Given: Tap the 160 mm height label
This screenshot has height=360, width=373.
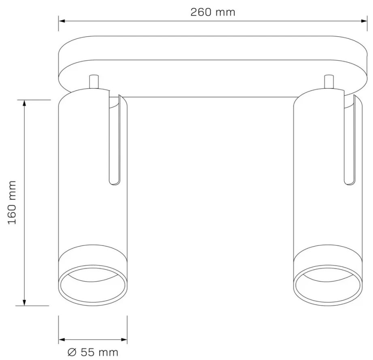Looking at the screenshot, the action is (x=12, y=203).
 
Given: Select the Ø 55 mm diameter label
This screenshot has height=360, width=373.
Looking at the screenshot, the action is (x=93, y=352).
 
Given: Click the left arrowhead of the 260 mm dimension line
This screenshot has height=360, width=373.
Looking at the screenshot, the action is (x=62, y=21).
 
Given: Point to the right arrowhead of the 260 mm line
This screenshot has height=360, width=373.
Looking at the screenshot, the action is (x=364, y=21).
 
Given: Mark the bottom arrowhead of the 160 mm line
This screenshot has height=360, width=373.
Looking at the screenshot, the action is (x=24, y=302).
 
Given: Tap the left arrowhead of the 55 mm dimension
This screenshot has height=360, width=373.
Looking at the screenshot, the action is (x=62, y=339).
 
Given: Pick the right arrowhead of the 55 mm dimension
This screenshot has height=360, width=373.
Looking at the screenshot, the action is (x=124, y=339).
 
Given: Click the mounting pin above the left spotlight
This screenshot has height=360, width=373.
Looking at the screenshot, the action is (x=94, y=82).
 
